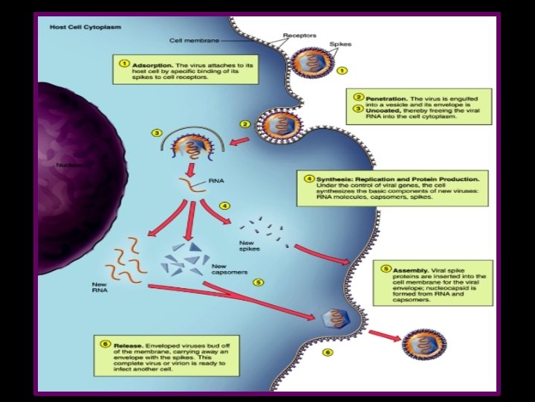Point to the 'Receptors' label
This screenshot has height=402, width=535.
click(x=299, y=35)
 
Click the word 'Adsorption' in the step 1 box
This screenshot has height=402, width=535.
click(x=152, y=66)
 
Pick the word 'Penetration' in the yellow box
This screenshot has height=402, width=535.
click(x=391, y=98)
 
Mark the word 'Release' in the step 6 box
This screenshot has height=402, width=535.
click(x=129, y=346)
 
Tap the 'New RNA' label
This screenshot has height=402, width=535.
click(x=100, y=287)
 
